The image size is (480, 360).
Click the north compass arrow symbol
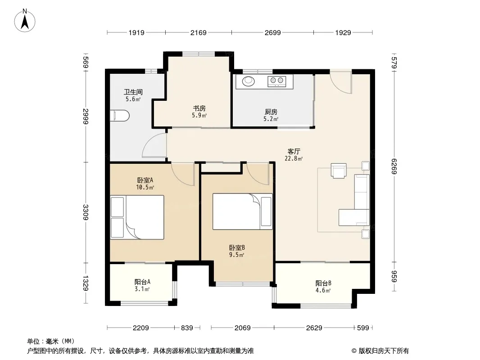25,21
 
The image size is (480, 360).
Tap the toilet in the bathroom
120,116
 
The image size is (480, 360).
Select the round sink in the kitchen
248,81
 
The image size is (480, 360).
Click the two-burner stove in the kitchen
277,81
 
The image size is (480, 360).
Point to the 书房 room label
199,108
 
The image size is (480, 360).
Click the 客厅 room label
294,151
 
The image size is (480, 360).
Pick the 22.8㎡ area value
294,158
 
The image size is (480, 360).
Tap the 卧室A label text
145,180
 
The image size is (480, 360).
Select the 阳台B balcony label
323,283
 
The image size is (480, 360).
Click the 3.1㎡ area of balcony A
142,289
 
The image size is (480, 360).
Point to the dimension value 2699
272,32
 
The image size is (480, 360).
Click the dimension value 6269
394,166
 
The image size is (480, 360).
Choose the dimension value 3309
86,212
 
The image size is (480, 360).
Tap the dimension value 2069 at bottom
242,328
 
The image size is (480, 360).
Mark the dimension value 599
363,328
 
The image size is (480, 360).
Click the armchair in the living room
339,171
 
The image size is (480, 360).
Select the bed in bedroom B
242,211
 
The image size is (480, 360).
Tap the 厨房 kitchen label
271,112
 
